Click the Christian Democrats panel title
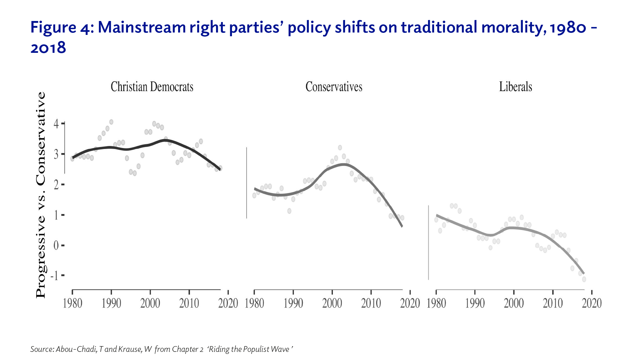coord(152,87)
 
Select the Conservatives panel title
coord(334,87)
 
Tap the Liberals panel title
coord(515,87)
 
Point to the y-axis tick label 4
coord(56,123)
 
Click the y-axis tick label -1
coord(55,276)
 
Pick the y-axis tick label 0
coord(56,245)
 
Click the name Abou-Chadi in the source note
coord(76,349)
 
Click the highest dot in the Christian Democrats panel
coord(111,122)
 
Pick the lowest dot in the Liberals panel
coord(584,279)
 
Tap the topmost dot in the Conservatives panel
coord(340,148)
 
